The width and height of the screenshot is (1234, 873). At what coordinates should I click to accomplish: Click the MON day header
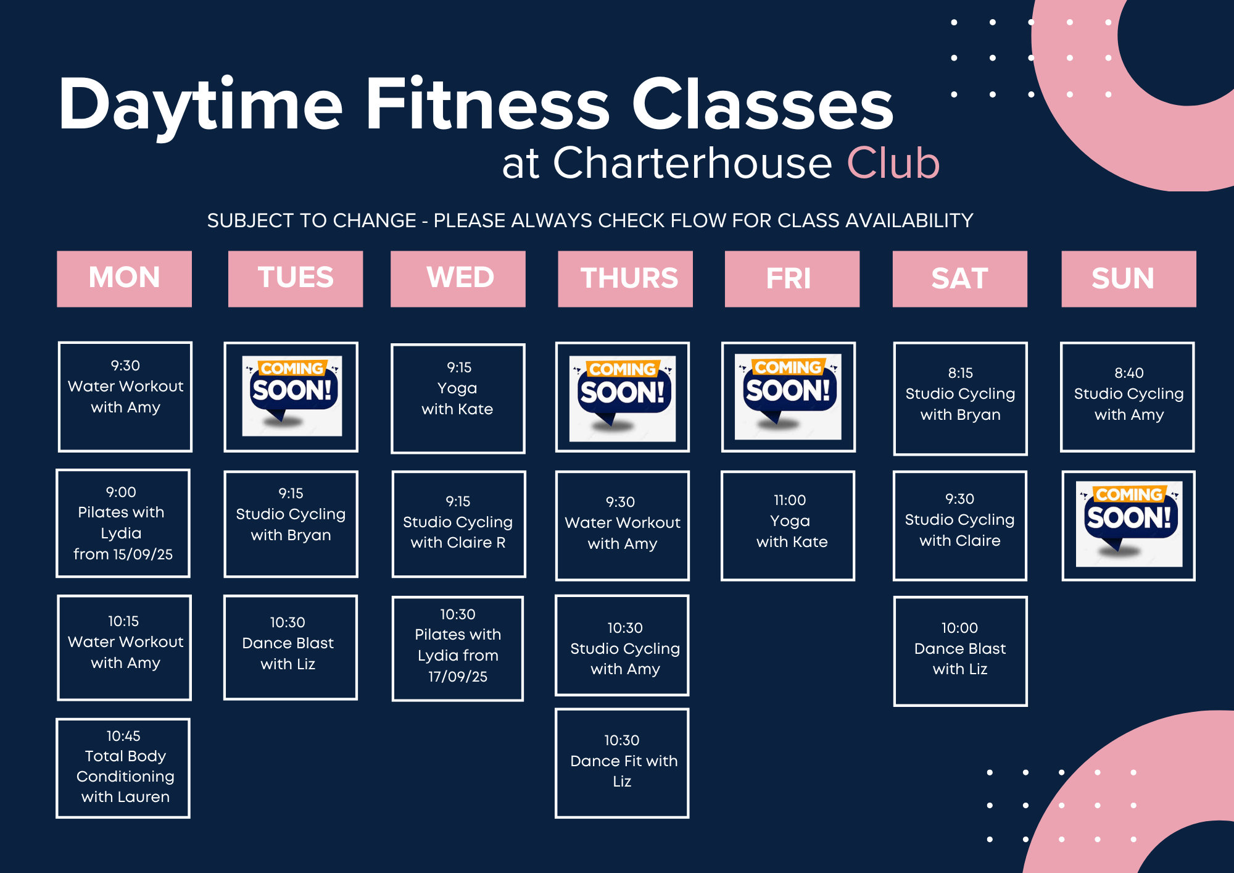(124, 278)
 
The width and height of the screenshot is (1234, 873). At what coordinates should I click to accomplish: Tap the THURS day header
(625, 278)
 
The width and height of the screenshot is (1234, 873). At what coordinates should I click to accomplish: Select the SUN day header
(1128, 278)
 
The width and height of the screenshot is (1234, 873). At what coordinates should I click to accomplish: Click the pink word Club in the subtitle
(893, 163)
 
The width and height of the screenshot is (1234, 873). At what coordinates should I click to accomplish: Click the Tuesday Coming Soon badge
(291, 396)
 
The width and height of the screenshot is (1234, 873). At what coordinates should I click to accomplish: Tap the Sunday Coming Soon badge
(1129, 524)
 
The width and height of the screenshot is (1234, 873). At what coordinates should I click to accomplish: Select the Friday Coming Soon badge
(788, 396)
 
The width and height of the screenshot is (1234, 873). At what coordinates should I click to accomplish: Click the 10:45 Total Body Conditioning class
(123, 768)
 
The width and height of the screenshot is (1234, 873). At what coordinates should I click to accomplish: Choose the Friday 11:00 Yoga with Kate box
(788, 525)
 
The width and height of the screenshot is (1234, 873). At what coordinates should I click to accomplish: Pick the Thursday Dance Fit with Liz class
(622, 763)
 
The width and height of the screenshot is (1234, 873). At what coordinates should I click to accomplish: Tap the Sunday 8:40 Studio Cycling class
(1127, 397)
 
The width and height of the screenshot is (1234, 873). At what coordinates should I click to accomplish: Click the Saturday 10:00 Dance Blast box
(960, 651)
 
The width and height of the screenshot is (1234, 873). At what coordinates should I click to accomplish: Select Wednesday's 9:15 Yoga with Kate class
(458, 398)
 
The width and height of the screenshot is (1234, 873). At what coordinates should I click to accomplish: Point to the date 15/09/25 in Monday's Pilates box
(143, 554)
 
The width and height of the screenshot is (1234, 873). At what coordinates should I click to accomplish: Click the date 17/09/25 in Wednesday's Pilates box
(458, 677)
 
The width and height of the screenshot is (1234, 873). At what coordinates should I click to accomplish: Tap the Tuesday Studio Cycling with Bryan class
(291, 524)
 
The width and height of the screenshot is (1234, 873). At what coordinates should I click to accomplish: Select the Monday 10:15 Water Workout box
(124, 648)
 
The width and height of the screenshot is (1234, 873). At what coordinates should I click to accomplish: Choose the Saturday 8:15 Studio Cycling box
(960, 399)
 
